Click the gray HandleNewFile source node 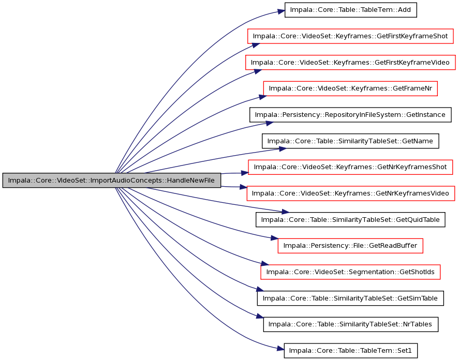pos(112,180)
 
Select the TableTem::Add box pos(350,10)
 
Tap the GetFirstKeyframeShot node pos(350,36)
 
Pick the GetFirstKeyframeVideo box pos(350,62)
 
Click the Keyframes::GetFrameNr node pos(350,88)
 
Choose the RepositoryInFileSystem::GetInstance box pos(350,115)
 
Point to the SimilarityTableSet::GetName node pos(350,141)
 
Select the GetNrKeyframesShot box pos(350,167)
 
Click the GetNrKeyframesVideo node pos(350,193)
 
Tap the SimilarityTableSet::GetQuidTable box pos(350,219)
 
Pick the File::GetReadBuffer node pos(350,246)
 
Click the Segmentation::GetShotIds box pos(350,272)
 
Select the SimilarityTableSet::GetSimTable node pos(350,298)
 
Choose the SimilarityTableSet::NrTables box pos(350,324)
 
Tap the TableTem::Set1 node pos(350,350)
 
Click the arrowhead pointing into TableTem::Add pos(281,12)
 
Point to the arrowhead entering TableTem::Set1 pos(280,348)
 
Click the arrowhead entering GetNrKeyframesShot pos(245,173)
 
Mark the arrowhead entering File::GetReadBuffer pos(274,238)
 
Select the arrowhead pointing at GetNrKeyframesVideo pos(243,187)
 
